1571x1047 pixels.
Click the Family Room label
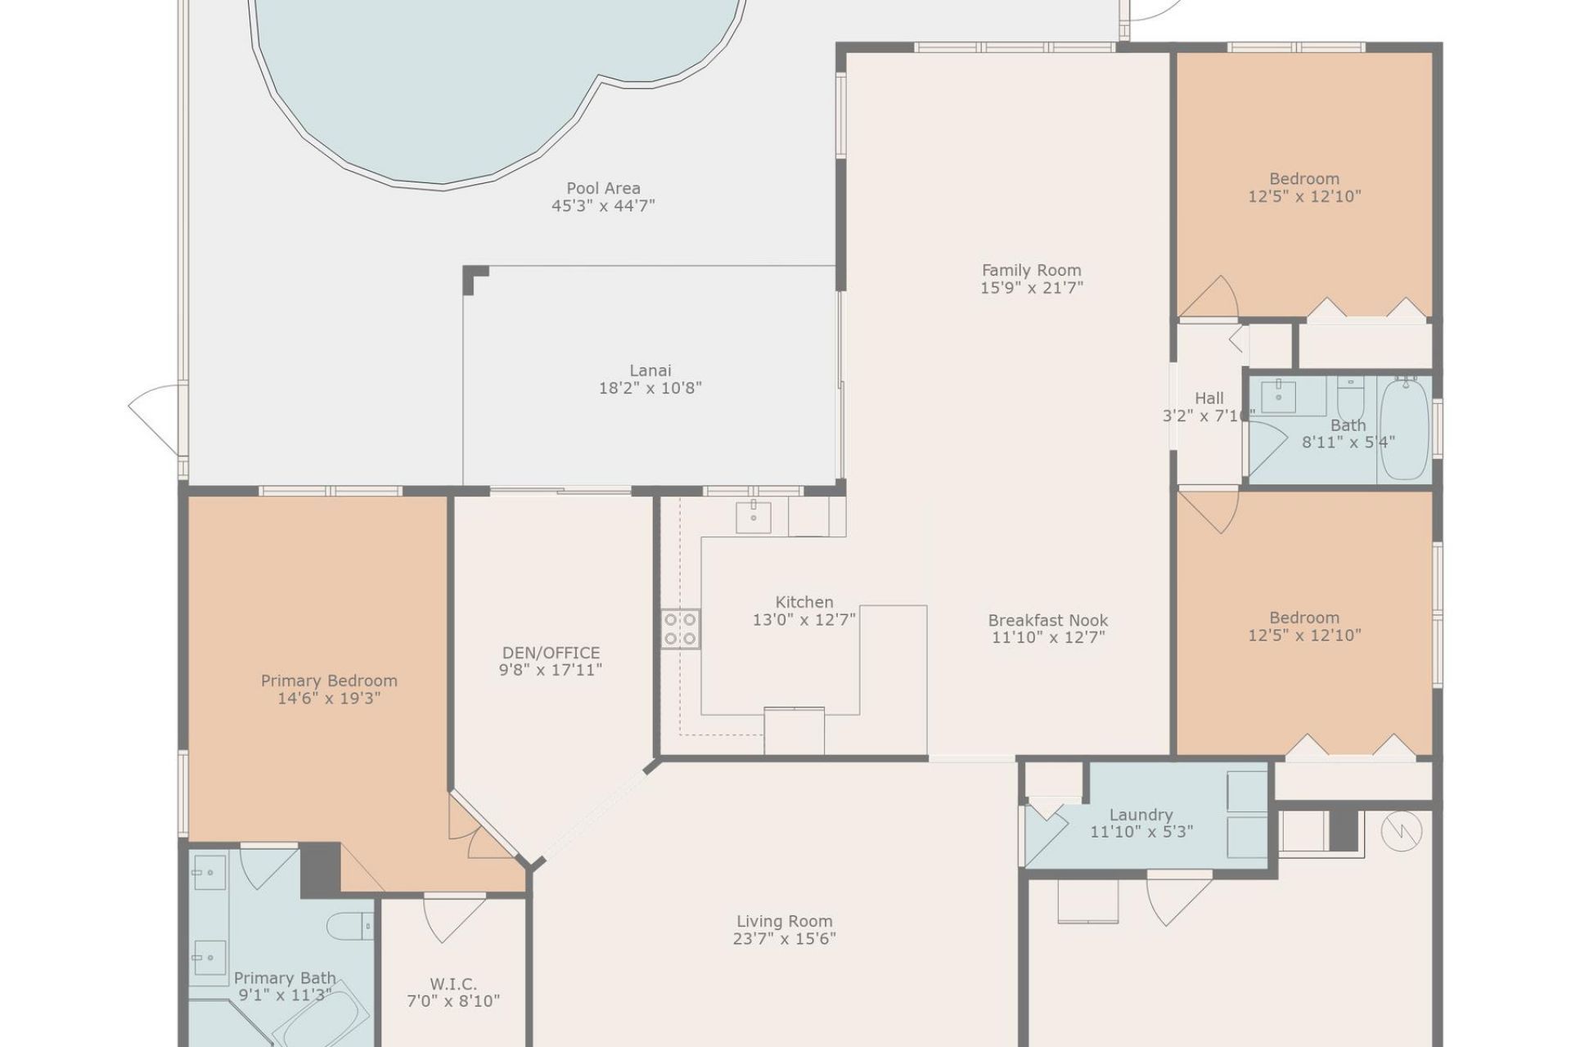(x=1031, y=270)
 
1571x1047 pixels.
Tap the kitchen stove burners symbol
(x=680, y=628)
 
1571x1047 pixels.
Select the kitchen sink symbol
(x=753, y=517)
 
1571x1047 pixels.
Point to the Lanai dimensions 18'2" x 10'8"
(x=650, y=389)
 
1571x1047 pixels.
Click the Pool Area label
(x=603, y=188)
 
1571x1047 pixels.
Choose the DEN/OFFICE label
(x=551, y=653)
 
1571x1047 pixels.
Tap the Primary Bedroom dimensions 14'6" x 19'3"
(x=329, y=699)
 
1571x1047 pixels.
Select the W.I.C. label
(x=452, y=984)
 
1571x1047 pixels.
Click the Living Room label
(x=784, y=922)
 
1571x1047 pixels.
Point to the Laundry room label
(x=1141, y=815)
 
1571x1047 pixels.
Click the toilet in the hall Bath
(x=1350, y=398)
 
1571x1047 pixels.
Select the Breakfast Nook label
(x=1047, y=620)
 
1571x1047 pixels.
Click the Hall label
(x=1209, y=398)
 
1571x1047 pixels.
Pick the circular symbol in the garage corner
(x=1401, y=832)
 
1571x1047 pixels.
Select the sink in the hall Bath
(x=1277, y=397)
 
